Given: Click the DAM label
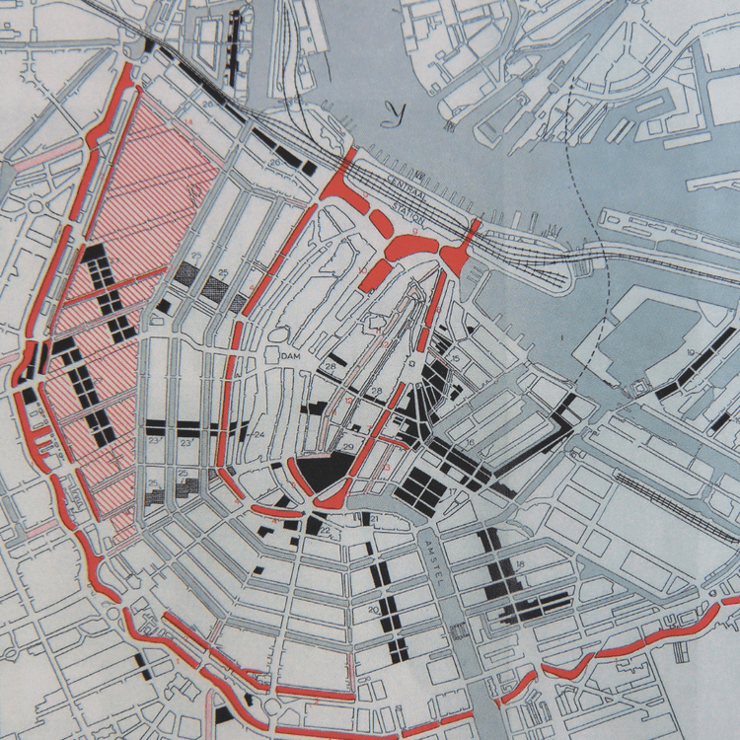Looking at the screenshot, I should [289, 356].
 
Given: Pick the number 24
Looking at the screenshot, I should [259, 434].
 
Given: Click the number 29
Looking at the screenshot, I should [347, 448].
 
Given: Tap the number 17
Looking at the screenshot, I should [452, 490].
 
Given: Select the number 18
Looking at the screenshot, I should [519, 563].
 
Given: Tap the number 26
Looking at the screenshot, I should [277, 161].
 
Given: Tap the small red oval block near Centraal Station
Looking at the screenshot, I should [383, 225].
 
